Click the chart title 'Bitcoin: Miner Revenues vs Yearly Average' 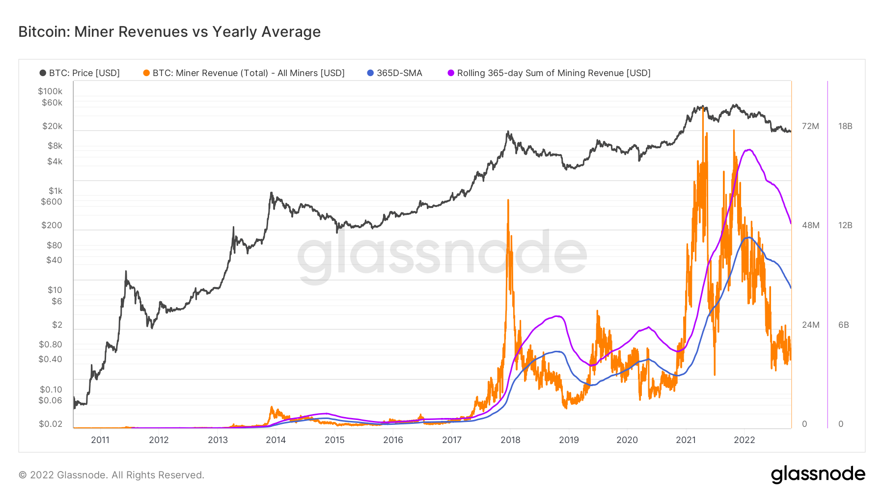169,32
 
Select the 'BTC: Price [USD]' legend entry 80,73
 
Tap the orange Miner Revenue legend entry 244,73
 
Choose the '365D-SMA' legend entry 395,73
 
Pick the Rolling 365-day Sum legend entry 549,73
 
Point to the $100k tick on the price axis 50,91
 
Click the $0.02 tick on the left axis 51,424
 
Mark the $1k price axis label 55,191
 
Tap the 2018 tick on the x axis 510,440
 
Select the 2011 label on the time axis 100,440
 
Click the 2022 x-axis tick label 744,440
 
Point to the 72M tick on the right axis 810,126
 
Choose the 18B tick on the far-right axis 845,126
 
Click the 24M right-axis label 810,325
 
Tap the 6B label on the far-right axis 843,325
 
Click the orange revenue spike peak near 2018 508,200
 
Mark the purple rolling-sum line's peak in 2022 748,150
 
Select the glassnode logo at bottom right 818,474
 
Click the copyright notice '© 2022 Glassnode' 111,475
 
